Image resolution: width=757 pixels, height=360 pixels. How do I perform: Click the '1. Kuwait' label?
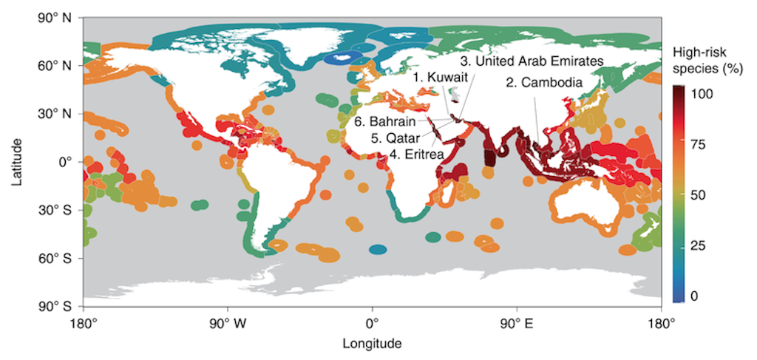pos(440,78)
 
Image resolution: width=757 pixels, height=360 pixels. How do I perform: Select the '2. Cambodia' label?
pos(545,82)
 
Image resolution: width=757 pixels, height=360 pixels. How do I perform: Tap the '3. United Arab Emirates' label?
pos(532,60)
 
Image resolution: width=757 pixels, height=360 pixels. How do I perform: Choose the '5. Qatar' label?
pos(396,138)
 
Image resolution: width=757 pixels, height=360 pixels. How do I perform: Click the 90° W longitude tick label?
pos(227,323)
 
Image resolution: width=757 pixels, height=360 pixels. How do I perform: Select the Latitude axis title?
pos(17,162)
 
